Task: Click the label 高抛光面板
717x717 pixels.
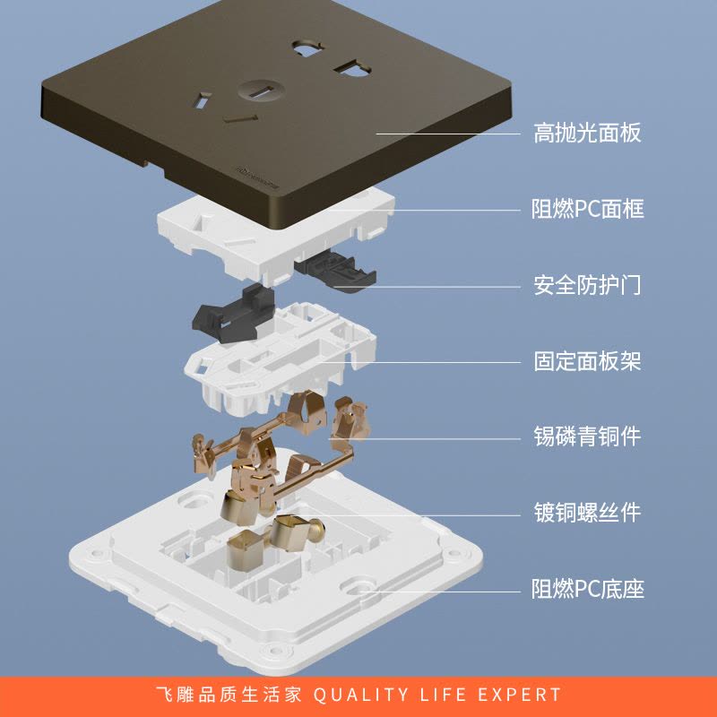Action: pos(587,133)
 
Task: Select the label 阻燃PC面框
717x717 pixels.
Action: pos(588,209)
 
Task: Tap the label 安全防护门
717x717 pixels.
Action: pos(587,285)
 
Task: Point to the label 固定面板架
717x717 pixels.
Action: pos(587,361)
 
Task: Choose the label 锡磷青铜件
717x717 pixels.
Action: pos(587,436)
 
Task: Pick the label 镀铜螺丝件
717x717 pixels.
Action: pos(587,513)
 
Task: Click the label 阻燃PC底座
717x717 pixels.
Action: pos(588,589)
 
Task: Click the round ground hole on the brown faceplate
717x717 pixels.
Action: pos(261,91)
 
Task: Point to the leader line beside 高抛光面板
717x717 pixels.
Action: pos(448,134)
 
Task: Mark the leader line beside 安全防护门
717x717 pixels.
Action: pos(428,287)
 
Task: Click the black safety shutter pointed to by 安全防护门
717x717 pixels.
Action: pos(335,270)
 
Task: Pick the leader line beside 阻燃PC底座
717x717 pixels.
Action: pos(440,592)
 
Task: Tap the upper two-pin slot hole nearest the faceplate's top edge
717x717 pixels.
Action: pos(307,48)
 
